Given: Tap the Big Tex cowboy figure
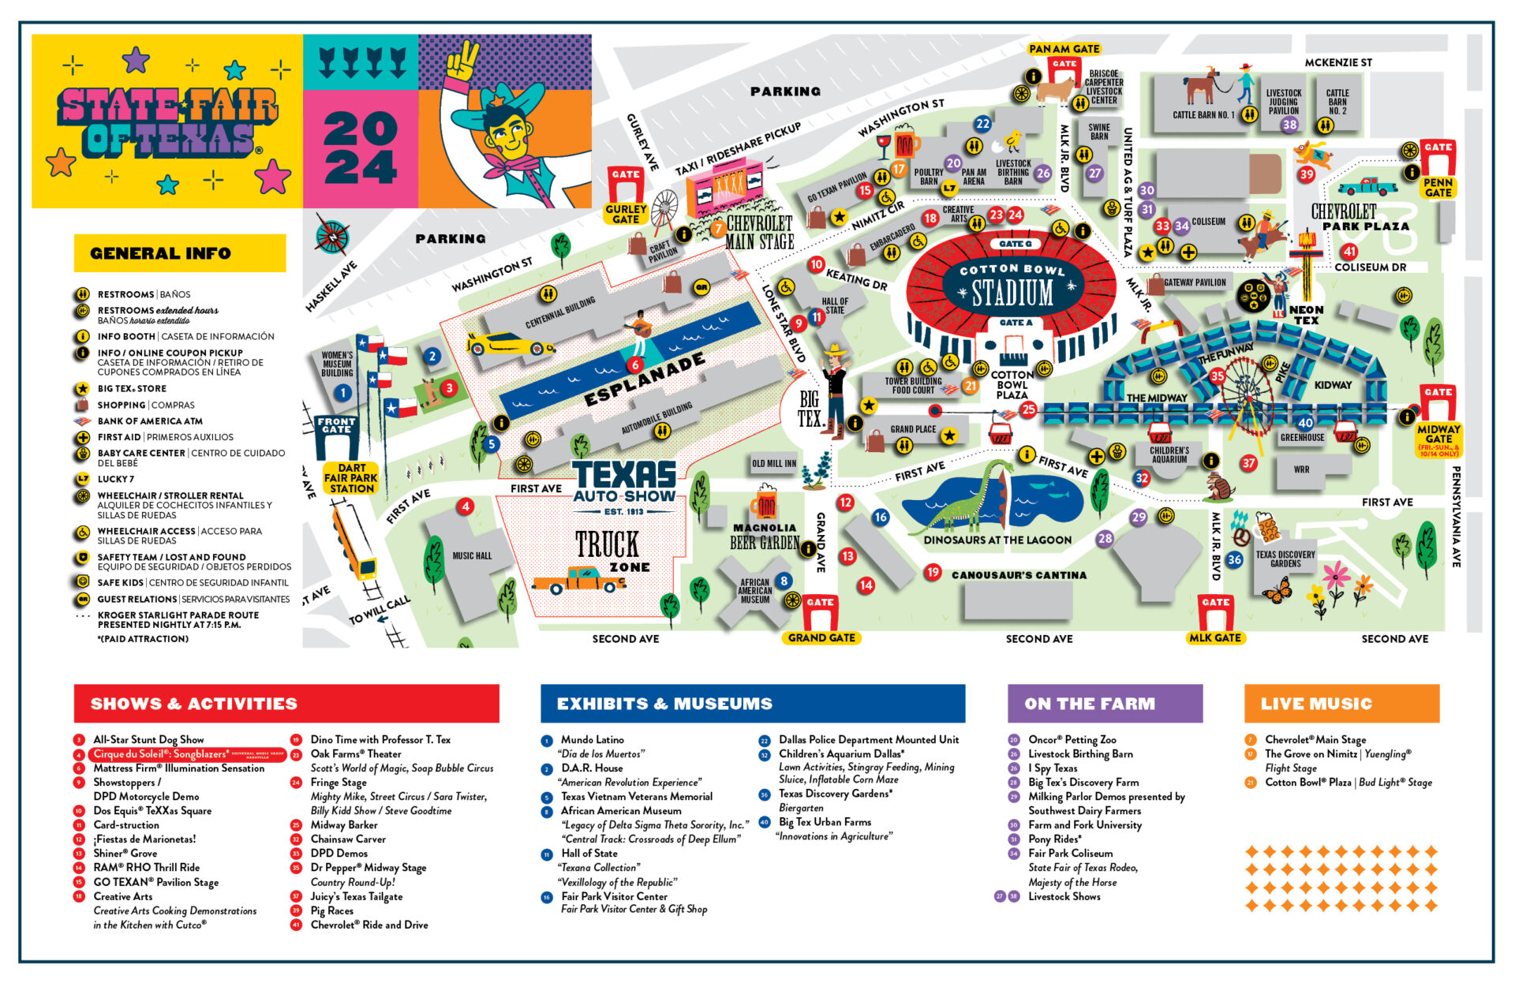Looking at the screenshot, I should [x=834, y=391].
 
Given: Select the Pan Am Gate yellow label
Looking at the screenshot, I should [x=1064, y=49].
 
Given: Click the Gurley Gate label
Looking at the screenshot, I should [x=626, y=214].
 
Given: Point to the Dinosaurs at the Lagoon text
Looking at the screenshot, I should [x=997, y=540].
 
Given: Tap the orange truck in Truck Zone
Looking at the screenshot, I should [x=578, y=581].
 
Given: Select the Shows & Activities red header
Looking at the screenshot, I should [x=286, y=703].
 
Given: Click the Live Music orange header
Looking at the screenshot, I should [x=1341, y=703].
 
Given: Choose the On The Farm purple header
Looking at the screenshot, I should [x=1105, y=703].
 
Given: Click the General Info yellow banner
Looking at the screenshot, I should [x=180, y=253].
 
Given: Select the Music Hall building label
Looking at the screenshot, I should [x=472, y=556].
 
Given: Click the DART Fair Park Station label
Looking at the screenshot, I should [x=351, y=478].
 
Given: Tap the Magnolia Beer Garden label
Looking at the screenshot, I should [x=765, y=536].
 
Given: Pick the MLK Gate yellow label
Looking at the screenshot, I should [x=1215, y=637].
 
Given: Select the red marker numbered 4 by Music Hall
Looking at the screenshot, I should [x=466, y=506].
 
